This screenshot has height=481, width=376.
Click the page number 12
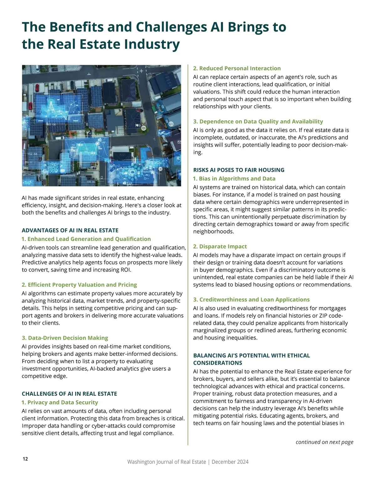click(x=25, y=459)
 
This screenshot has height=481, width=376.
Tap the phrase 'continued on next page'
click(x=324, y=442)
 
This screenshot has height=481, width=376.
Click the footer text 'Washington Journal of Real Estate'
click(x=166, y=462)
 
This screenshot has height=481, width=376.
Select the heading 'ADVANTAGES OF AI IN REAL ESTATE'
click(x=70, y=230)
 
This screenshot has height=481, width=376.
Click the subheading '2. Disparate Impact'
click(x=220, y=246)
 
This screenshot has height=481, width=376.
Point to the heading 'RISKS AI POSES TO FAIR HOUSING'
click(x=239, y=170)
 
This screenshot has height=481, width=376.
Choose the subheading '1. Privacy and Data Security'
click(x=60, y=402)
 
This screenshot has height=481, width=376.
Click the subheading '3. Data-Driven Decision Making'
click(x=65, y=338)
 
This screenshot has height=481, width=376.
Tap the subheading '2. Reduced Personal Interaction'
click(x=237, y=68)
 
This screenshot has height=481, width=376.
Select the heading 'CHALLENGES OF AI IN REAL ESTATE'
click(x=69, y=394)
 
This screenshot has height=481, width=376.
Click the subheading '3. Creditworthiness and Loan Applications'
click(x=251, y=299)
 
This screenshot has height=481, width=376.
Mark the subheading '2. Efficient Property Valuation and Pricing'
click(x=79, y=285)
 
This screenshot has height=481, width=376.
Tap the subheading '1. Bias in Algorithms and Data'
click(x=234, y=178)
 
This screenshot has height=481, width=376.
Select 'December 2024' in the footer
click(x=230, y=462)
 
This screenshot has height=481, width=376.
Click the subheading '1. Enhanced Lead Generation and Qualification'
click(x=86, y=239)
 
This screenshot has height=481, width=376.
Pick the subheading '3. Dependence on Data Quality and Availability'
click(x=258, y=121)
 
